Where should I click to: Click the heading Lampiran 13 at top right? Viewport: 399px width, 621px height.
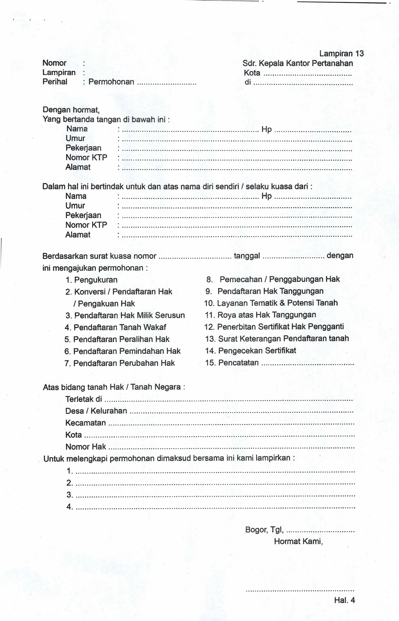[x=341, y=54]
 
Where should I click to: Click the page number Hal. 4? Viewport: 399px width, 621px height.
[x=344, y=600]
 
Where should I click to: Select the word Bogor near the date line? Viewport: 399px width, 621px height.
[x=256, y=530]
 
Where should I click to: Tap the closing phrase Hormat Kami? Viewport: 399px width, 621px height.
[x=298, y=541]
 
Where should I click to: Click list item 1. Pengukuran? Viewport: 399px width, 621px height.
[x=91, y=280]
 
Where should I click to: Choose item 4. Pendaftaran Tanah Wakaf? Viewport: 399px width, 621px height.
[x=115, y=327]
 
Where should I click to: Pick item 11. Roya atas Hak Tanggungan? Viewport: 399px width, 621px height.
[x=260, y=315]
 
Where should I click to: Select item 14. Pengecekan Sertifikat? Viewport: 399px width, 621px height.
[x=250, y=350]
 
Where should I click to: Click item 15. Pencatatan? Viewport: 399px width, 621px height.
[x=232, y=363]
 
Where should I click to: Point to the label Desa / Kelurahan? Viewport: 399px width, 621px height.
[x=96, y=411]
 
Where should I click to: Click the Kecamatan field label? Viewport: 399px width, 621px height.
[x=85, y=423]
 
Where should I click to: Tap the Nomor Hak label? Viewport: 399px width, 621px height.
[x=85, y=447]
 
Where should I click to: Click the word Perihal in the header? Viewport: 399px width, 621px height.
[x=55, y=82]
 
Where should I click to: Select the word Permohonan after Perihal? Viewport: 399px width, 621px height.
[x=111, y=82]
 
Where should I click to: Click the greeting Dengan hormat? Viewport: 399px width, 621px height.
[x=71, y=110]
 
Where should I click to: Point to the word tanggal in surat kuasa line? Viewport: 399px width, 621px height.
[x=247, y=256]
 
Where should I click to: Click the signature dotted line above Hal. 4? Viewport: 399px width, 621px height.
[x=300, y=590]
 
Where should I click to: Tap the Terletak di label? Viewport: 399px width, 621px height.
[x=83, y=399]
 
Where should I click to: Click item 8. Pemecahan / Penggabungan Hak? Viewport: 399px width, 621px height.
[x=273, y=279]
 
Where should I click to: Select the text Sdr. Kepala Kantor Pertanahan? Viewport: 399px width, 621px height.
[x=298, y=63]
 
